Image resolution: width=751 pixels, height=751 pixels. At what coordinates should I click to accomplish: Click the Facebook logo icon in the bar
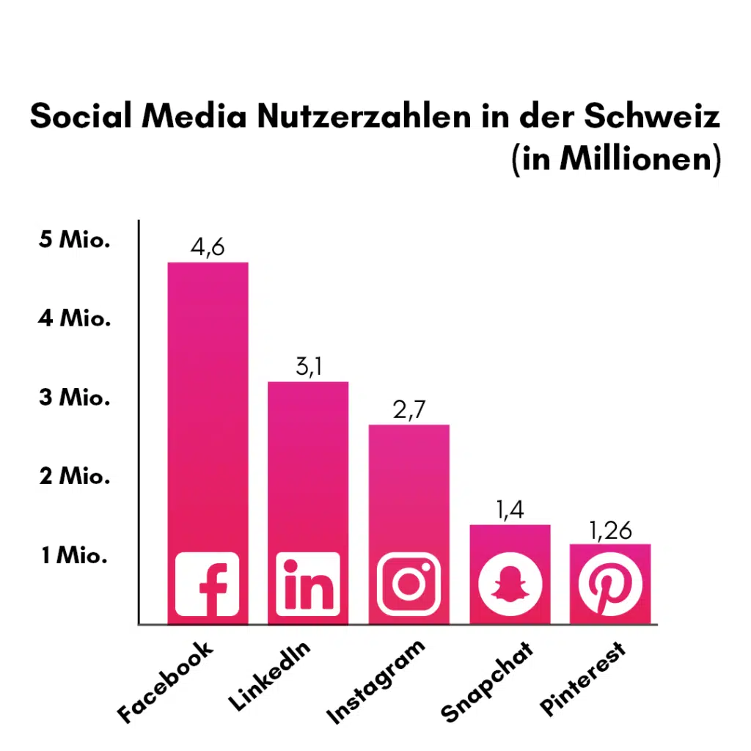(208, 584)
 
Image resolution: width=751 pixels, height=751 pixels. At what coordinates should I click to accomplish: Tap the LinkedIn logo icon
(307, 584)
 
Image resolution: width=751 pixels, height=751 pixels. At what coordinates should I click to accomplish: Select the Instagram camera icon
(409, 584)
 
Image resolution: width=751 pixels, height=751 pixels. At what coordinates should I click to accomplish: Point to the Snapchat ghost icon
(510, 584)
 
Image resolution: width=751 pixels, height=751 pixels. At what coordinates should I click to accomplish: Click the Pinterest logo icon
(609, 584)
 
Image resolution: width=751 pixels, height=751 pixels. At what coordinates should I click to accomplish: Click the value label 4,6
(208, 248)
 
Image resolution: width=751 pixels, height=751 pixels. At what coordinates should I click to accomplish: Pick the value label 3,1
(308, 367)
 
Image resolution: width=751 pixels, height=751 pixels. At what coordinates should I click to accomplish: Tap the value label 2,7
(409, 409)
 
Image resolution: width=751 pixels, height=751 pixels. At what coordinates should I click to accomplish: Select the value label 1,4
(510, 510)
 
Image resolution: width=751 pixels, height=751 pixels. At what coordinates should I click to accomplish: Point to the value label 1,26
(609, 530)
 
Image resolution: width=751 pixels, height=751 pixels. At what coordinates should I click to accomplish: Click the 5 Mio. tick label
(74, 240)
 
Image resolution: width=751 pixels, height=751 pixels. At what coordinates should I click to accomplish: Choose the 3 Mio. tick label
(74, 398)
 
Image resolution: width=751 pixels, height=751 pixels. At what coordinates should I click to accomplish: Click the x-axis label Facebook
(167, 681)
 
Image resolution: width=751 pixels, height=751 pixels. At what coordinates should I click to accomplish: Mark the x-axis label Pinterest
(585, 678)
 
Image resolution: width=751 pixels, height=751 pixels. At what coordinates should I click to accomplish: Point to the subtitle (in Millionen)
(615, 159)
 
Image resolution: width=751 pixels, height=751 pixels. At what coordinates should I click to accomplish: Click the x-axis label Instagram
(376, 681)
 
